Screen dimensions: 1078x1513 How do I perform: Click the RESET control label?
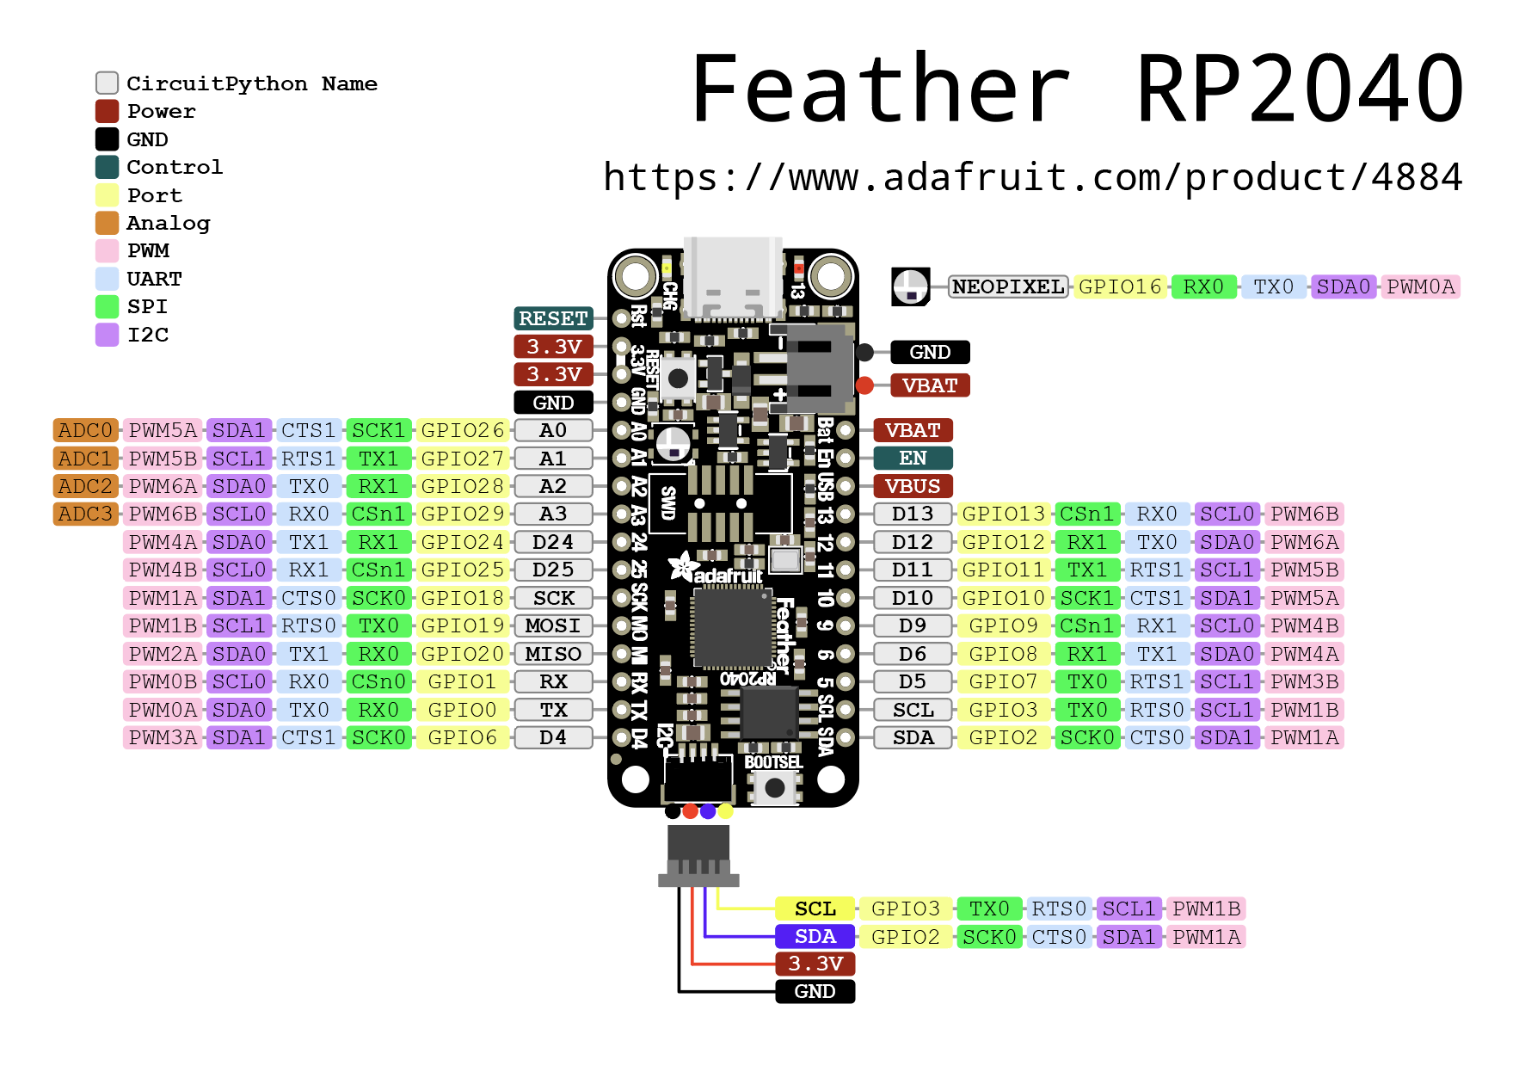[553, 318]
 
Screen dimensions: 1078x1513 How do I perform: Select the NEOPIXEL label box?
[1007, 286]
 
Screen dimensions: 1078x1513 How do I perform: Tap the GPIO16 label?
[1119, 286]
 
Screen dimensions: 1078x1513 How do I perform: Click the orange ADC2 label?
[85, 486]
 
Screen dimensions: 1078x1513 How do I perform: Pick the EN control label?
[913, 458]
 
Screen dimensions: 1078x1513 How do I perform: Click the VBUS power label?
[913, 486]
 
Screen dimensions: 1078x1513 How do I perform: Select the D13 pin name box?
[913, 514]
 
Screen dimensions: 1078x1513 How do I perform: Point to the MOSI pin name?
[553, 625]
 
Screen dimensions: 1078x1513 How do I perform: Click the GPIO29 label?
[462, 514]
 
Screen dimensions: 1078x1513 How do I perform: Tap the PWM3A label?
[163, 737]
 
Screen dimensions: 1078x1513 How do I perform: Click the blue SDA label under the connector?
[815, 936]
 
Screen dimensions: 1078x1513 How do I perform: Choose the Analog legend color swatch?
[107, 223]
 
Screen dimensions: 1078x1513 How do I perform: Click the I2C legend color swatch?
[107, 335]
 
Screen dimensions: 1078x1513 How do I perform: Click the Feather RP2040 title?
[1077, 89]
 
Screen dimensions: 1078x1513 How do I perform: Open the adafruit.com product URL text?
[1032, 177]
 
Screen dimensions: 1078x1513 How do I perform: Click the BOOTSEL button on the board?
[775, 786]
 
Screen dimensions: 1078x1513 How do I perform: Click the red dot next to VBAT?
[864, 385]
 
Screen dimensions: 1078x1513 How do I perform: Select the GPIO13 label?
[1003, 514]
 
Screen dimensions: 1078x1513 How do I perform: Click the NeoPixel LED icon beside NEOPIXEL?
[910, 286]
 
